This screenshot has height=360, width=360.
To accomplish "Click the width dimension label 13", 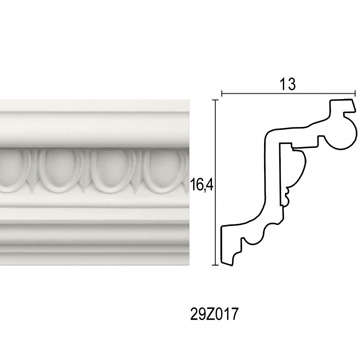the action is (x=288, y=84).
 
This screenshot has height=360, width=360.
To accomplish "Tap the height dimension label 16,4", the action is (x=202, y=185).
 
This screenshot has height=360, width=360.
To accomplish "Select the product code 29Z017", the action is (x=215, y=314).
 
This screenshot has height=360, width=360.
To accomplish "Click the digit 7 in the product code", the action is (x=235, y=314).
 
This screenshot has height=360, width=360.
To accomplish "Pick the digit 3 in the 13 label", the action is (x=291, y=84).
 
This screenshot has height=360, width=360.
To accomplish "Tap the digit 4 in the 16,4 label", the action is (x=209, y=185).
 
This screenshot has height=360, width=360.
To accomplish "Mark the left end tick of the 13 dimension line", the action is (x=222, y=94).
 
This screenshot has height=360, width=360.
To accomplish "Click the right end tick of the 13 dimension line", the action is (x=355, y=94).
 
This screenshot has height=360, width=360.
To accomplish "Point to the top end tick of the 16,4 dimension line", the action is (x=216, y=99).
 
